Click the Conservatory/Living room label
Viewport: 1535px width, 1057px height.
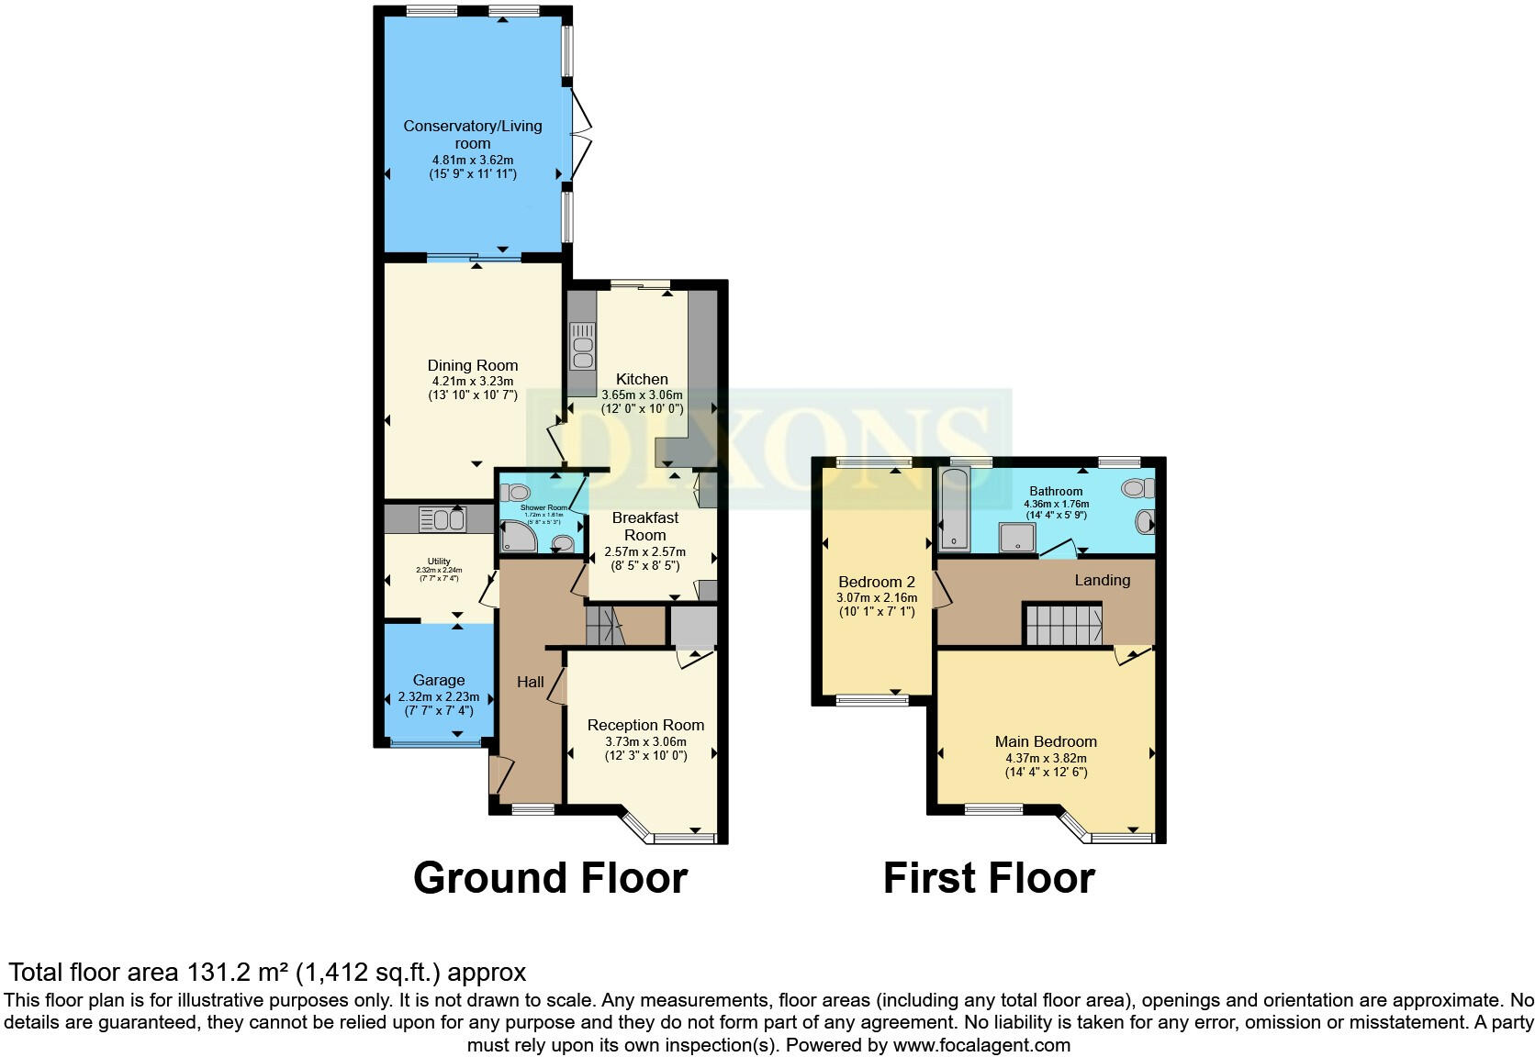click(473, 134)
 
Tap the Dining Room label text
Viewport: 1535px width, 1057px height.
click(473, 365)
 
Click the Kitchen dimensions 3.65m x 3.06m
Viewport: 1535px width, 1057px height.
click(642, 395)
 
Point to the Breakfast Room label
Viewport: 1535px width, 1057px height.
click(645, 526)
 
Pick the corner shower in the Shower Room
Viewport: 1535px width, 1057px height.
click(516, 537)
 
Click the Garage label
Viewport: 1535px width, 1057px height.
click(439, 680)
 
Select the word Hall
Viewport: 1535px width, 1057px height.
click(531, 682)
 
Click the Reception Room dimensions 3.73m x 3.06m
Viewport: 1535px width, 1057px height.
click(645, 741)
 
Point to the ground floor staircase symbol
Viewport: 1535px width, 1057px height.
click(604, 629)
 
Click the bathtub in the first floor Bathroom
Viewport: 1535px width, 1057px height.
click(955, 508)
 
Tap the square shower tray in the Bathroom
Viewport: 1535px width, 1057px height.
click(1017, 539)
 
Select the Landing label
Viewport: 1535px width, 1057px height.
click(1103, 580)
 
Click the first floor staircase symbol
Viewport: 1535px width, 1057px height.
click(1063, 624)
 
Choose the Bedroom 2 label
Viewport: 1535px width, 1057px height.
click(877, 582)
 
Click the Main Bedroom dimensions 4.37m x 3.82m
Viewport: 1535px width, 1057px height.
click(1046, 758)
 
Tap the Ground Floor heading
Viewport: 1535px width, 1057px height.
click(550, 878)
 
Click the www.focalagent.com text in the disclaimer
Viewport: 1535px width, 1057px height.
click(981, 1044)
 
